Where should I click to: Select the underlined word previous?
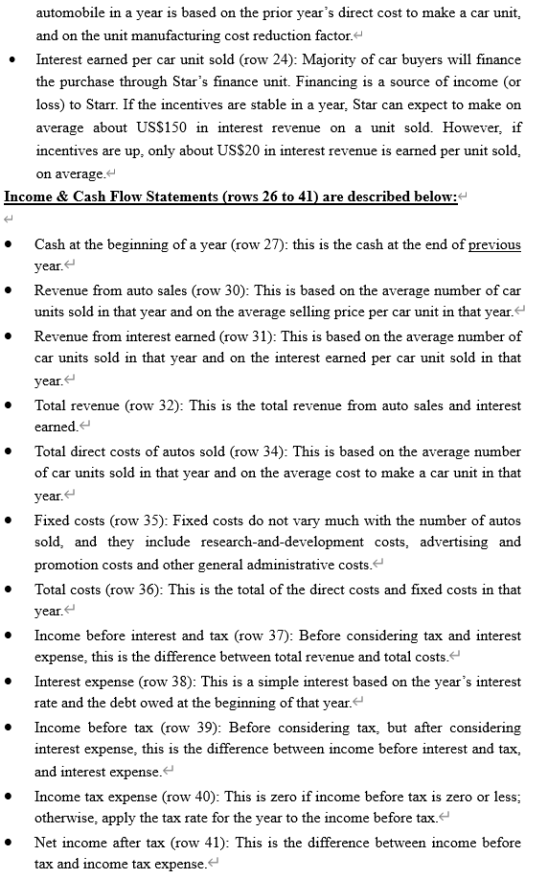[494, 244]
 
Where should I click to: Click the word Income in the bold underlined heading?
[32, 197]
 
